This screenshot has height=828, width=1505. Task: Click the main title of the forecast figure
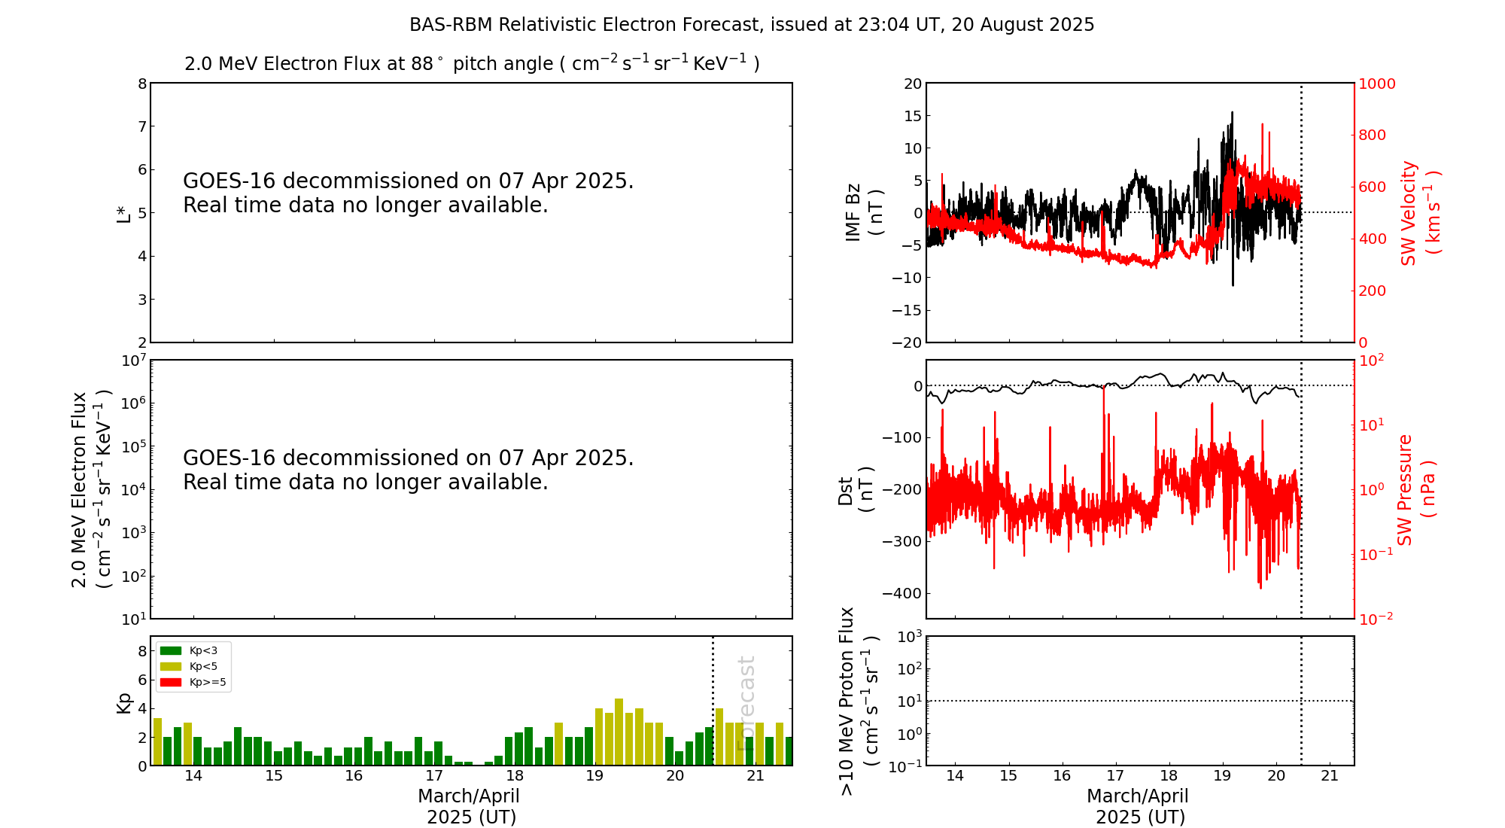(x=752, y=25)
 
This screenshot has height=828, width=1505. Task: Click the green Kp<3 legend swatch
(x=171, y=650)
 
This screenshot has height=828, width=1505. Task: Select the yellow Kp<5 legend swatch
(x=171, y=666)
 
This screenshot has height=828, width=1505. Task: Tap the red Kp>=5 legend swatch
(x=171, y=683)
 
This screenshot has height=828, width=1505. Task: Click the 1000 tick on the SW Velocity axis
(x=1376, y=84)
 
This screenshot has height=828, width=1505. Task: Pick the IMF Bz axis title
(x=864, y=213)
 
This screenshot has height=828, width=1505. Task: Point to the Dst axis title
(x=856, y=489)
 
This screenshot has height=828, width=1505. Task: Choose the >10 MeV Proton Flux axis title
(x=859, y=701)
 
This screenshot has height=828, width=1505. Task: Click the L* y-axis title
(x=123, y=213)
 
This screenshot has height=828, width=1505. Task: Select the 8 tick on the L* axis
(x=141, y=84)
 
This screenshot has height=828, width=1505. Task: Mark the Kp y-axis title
(x=123, y=702)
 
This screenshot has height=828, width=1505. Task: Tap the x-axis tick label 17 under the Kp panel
(x=434, y=776)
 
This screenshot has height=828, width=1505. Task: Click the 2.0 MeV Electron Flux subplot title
(x=472, y=63)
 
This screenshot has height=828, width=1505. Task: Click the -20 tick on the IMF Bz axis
(x=907, y=342)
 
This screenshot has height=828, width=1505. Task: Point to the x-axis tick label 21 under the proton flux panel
(x=1330, y=776)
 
